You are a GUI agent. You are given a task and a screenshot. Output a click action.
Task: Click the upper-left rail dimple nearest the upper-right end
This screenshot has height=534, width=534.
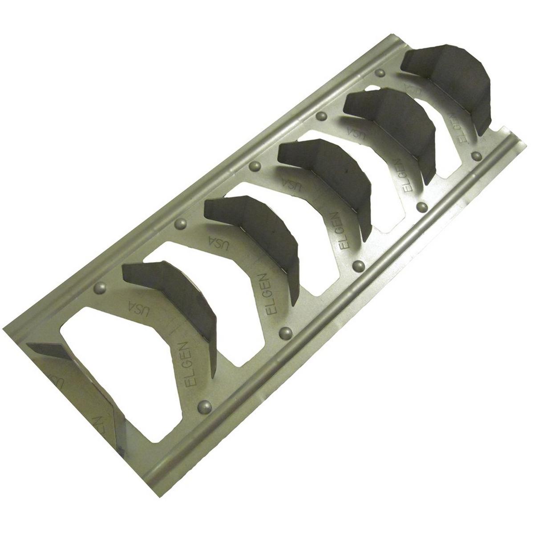pyautogui.click(x=380, y=73)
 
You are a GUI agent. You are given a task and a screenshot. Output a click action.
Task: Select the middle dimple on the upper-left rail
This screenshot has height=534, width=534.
pyautogui.click(x=255, y=167)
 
